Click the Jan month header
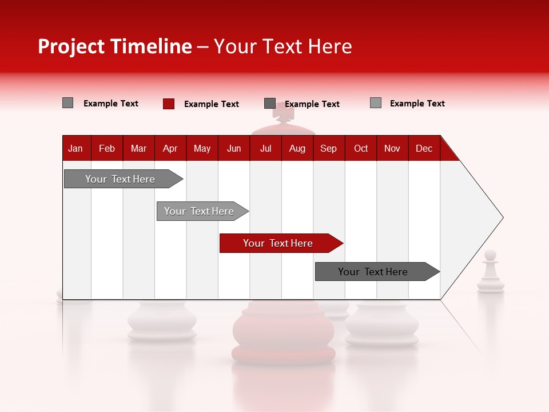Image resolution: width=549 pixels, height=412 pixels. [76, 148]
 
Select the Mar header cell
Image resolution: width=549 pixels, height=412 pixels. [138, 148]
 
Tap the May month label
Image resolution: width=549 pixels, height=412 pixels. [202, 148]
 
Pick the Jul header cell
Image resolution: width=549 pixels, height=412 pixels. [265, 148]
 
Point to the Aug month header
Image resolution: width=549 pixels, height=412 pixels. [297, 148]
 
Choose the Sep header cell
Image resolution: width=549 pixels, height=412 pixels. [328, 148]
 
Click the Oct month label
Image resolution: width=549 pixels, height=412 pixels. [361, 148]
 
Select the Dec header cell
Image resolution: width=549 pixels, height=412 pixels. [424, 148]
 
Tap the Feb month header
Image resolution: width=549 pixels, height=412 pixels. [107, 148]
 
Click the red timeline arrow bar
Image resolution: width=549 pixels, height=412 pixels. [280, 243]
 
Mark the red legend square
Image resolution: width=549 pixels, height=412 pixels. [169, 104]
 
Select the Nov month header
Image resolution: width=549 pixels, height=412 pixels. [392, 148]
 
